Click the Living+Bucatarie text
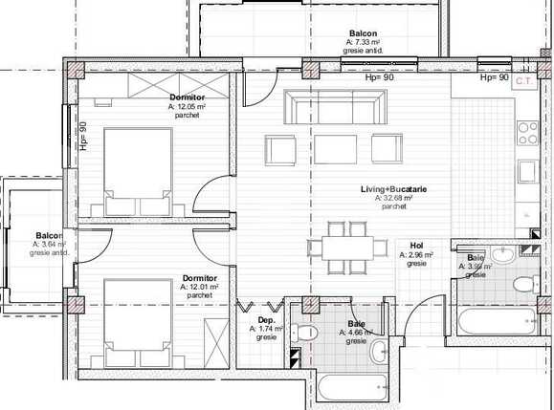tap(393, 189)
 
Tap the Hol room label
tap(416, 245)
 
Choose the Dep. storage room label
tap(267, 320)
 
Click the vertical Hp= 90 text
tap(83, 138)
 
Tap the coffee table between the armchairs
tap(335, 148)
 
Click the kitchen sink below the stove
tap(529, 172)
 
